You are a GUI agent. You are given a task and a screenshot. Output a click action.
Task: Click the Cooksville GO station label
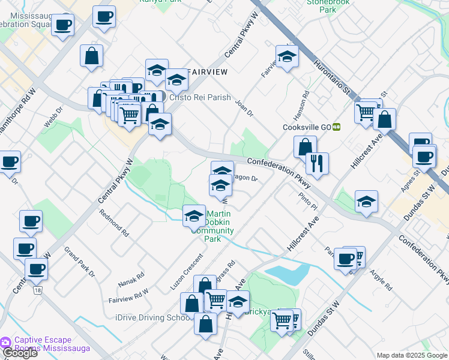(x=307, y=127)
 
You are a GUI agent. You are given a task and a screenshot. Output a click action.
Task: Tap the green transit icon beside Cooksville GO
(x=337, y=127)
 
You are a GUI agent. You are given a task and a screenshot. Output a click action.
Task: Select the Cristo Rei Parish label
(x=200, y=97)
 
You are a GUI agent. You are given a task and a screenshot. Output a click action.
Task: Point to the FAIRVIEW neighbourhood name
(x=207, y=72)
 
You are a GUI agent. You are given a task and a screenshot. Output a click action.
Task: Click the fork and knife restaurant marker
(x=316, y=163)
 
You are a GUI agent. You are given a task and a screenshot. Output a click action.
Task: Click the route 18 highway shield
(x=39, y=290)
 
